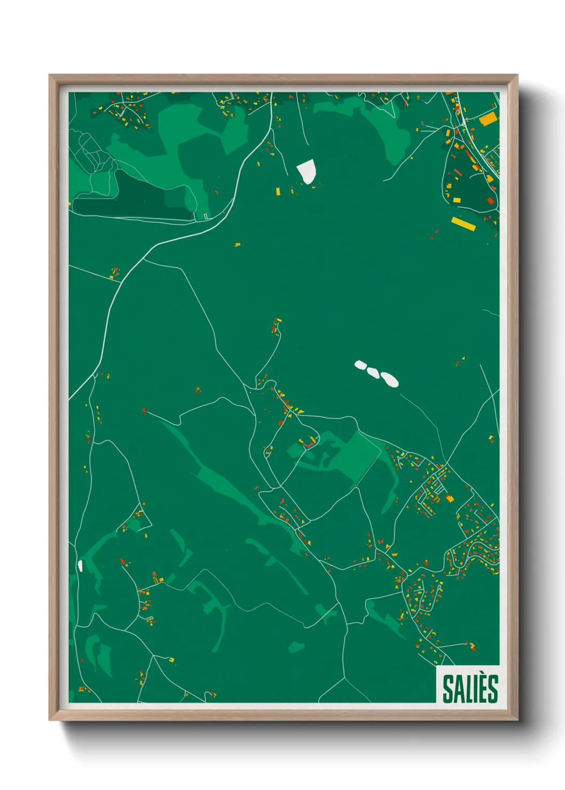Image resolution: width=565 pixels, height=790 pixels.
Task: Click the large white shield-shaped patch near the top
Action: [307, 171]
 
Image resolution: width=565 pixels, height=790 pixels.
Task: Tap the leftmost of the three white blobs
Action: [361, 365]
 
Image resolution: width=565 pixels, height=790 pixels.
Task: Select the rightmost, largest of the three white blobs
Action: [390, 379]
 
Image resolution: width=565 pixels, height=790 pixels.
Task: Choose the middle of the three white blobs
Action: [373, 372]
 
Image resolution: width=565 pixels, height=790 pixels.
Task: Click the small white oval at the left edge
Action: [80, 565]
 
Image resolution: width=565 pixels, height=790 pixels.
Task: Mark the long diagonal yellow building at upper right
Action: [464, 224]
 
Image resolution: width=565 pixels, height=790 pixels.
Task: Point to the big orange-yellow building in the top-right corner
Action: [488, 119]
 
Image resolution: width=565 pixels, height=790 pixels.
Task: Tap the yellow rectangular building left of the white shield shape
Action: [278, 191]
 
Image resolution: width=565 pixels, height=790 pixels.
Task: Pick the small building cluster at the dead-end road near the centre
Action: [277, 326]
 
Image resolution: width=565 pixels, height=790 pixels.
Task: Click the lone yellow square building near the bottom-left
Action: [171, 660]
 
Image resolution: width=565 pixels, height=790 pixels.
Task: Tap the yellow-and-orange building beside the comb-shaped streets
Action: [450, 499]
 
